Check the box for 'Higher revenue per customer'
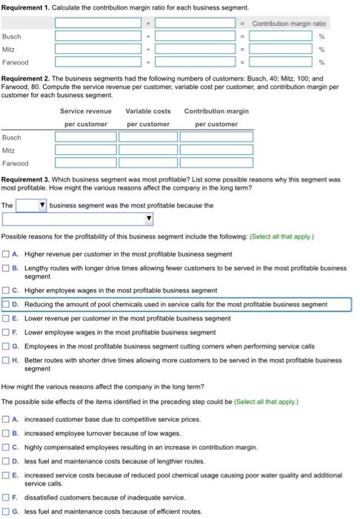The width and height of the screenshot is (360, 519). click(6, 253)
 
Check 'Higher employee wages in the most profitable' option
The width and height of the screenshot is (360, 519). click(6, 290)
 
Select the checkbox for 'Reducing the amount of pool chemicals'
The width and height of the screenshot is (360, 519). click(6, 304)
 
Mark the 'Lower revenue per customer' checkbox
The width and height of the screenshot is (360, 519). click(6, 318)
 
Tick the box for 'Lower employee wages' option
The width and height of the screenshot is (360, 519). click(6, 332)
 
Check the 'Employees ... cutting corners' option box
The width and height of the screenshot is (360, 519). click(6, 346)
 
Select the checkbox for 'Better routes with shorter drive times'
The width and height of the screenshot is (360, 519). click(6, 360)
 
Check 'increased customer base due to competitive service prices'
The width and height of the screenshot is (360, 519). click(6, 419)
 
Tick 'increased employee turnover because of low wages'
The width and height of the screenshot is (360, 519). click(6, 433)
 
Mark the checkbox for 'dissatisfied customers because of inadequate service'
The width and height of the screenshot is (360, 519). click(6, 497)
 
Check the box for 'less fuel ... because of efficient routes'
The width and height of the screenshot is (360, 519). click(6, 512)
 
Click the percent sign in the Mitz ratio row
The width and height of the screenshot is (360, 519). click(321, 49)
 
